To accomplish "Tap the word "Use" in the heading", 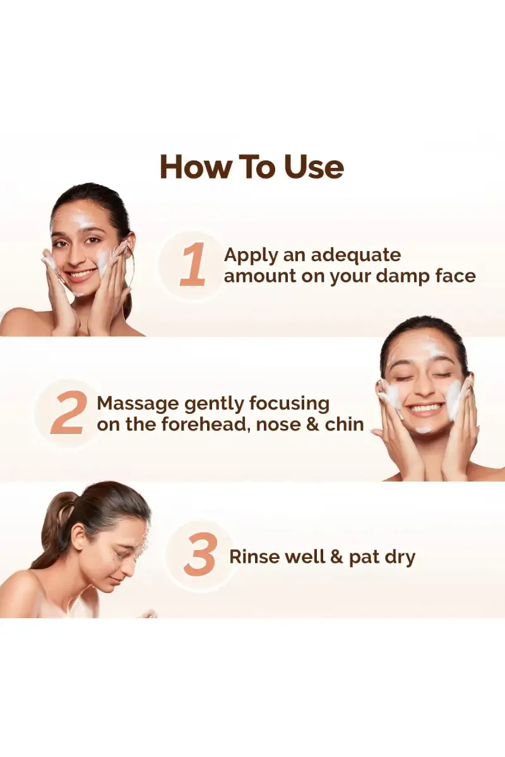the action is [x=314, y=167].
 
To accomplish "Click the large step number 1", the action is [x=193, y=264].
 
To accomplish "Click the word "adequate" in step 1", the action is [x=356, y=256].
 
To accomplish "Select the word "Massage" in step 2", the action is [x=137, y=405].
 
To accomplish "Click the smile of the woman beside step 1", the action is [x=82, y=273].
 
